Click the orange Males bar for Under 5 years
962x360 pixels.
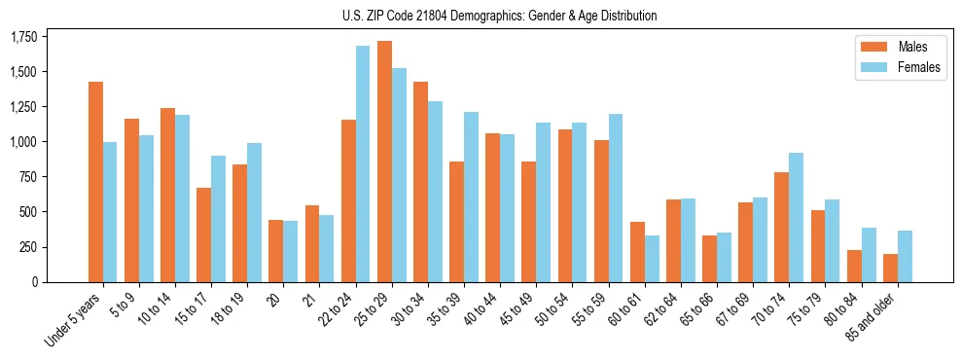(95, 182)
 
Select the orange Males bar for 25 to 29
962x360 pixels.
(384, 162)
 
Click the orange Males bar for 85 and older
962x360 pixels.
(890, 268)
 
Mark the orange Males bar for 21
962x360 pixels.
(312, 243)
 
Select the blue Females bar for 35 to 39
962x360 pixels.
(471, 197)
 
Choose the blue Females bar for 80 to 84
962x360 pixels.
(869, 255)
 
